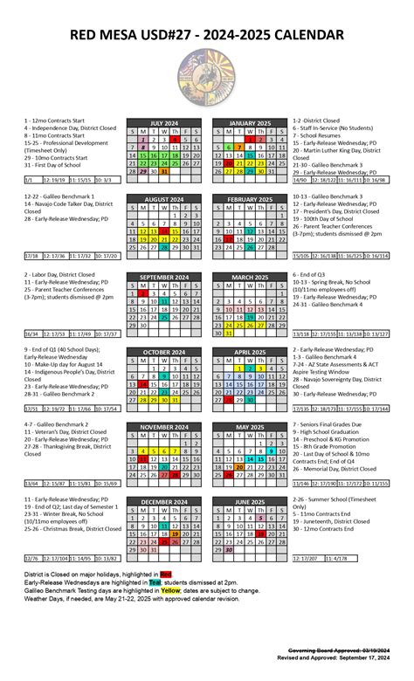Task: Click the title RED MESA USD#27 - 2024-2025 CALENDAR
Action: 207,34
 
